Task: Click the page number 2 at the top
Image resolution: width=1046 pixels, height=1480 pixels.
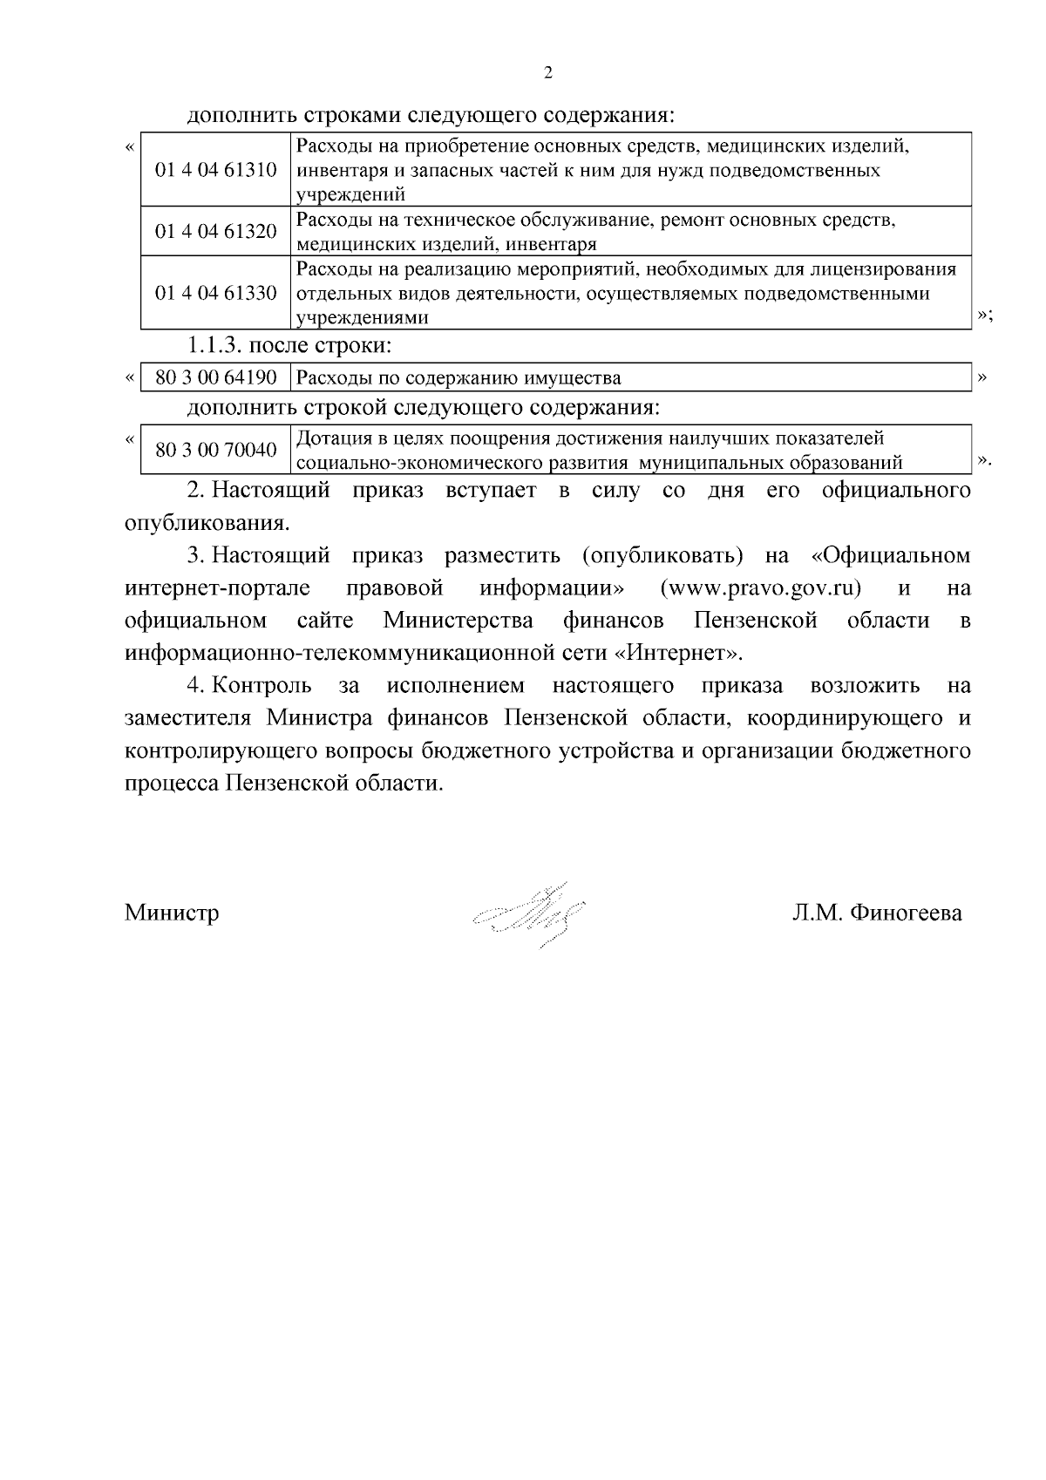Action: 547,73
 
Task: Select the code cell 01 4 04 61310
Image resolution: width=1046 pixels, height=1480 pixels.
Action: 216,170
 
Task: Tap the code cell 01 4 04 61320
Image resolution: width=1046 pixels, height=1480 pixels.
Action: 216,232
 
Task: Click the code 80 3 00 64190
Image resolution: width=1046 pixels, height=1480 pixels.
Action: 216,378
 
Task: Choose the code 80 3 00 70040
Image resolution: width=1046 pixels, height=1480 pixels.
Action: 216,451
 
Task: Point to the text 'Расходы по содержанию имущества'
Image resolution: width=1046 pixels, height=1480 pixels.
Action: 458,378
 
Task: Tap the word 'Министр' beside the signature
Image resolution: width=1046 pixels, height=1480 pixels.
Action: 172,913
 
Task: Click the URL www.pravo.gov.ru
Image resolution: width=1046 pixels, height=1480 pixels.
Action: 761,588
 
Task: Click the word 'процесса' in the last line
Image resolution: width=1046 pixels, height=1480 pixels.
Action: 171,784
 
